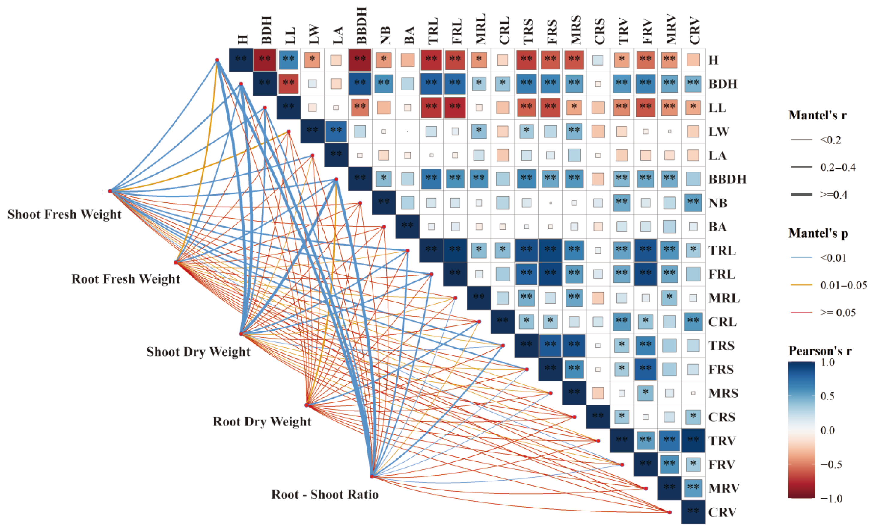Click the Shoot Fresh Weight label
click(x=64, y=214)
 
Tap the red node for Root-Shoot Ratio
click(x=372, y=476)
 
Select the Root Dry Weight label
click(x=262, y=421)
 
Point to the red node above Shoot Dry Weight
click(x=241, y=334)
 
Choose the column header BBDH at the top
click(x=361, y=25)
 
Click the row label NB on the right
click(x=718, y=203)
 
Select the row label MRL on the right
click(x=724, y=298)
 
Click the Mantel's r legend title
click(x=817, y=115)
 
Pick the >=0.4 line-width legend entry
click(x=834, y=195)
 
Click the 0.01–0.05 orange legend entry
click(x=843, y=285)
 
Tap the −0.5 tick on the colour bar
click(x=831, y=464)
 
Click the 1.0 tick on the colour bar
click(x=828, y=363)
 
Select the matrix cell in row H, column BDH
click(x=265, y=60)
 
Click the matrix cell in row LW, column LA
click(x=336, y=131)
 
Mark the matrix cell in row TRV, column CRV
click(x=693, y=440)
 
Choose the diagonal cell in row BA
click(x=408, y=227)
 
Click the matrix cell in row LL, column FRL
click(x=455, y=107)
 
